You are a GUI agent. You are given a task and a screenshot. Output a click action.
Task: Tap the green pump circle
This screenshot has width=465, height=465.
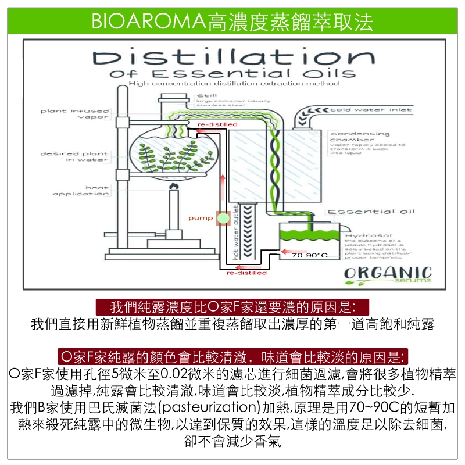tap(221, 219)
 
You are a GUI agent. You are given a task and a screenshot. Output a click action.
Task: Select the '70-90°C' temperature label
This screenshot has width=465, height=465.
tap(310, 255)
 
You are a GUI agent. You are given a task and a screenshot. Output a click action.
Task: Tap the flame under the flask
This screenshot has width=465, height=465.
tap(173, 187)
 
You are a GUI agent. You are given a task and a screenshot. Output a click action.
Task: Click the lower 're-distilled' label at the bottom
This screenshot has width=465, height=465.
tap(247, 273)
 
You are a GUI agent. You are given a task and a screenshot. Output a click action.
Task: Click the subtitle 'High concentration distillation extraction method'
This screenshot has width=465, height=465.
tap(234, 84)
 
